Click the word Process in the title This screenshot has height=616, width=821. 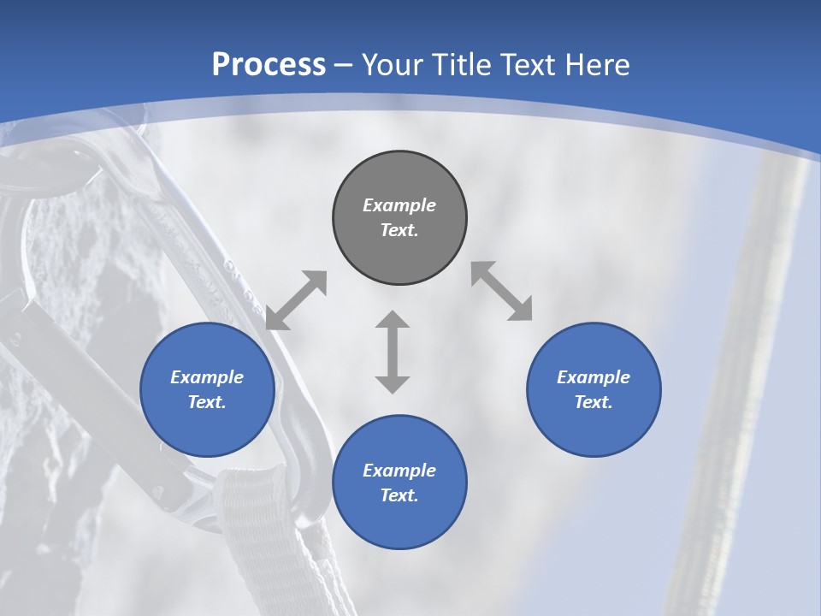point(269,65)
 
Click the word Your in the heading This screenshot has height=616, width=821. point(393,65)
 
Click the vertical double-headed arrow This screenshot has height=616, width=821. point(393,352)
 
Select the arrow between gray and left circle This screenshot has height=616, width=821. point(296,300)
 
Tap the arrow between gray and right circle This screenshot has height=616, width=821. point(502,291)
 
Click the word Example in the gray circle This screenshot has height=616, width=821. point(399,205)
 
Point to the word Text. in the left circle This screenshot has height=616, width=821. point(207,402)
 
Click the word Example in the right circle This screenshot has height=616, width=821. point(594,377)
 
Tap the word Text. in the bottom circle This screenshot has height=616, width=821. point(399,495)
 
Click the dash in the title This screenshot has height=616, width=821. point(344,65)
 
